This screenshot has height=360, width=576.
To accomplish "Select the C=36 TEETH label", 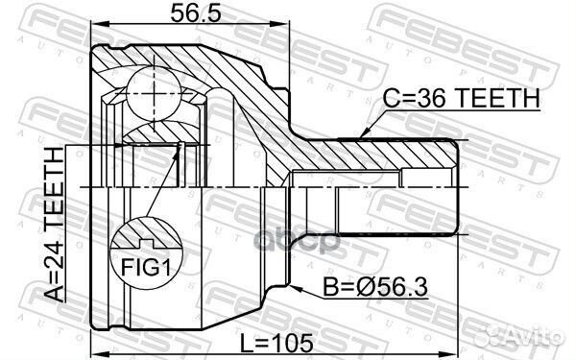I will (x=460, y=99).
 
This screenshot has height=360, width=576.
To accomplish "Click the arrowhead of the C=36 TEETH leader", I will (x=362, y=133).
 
